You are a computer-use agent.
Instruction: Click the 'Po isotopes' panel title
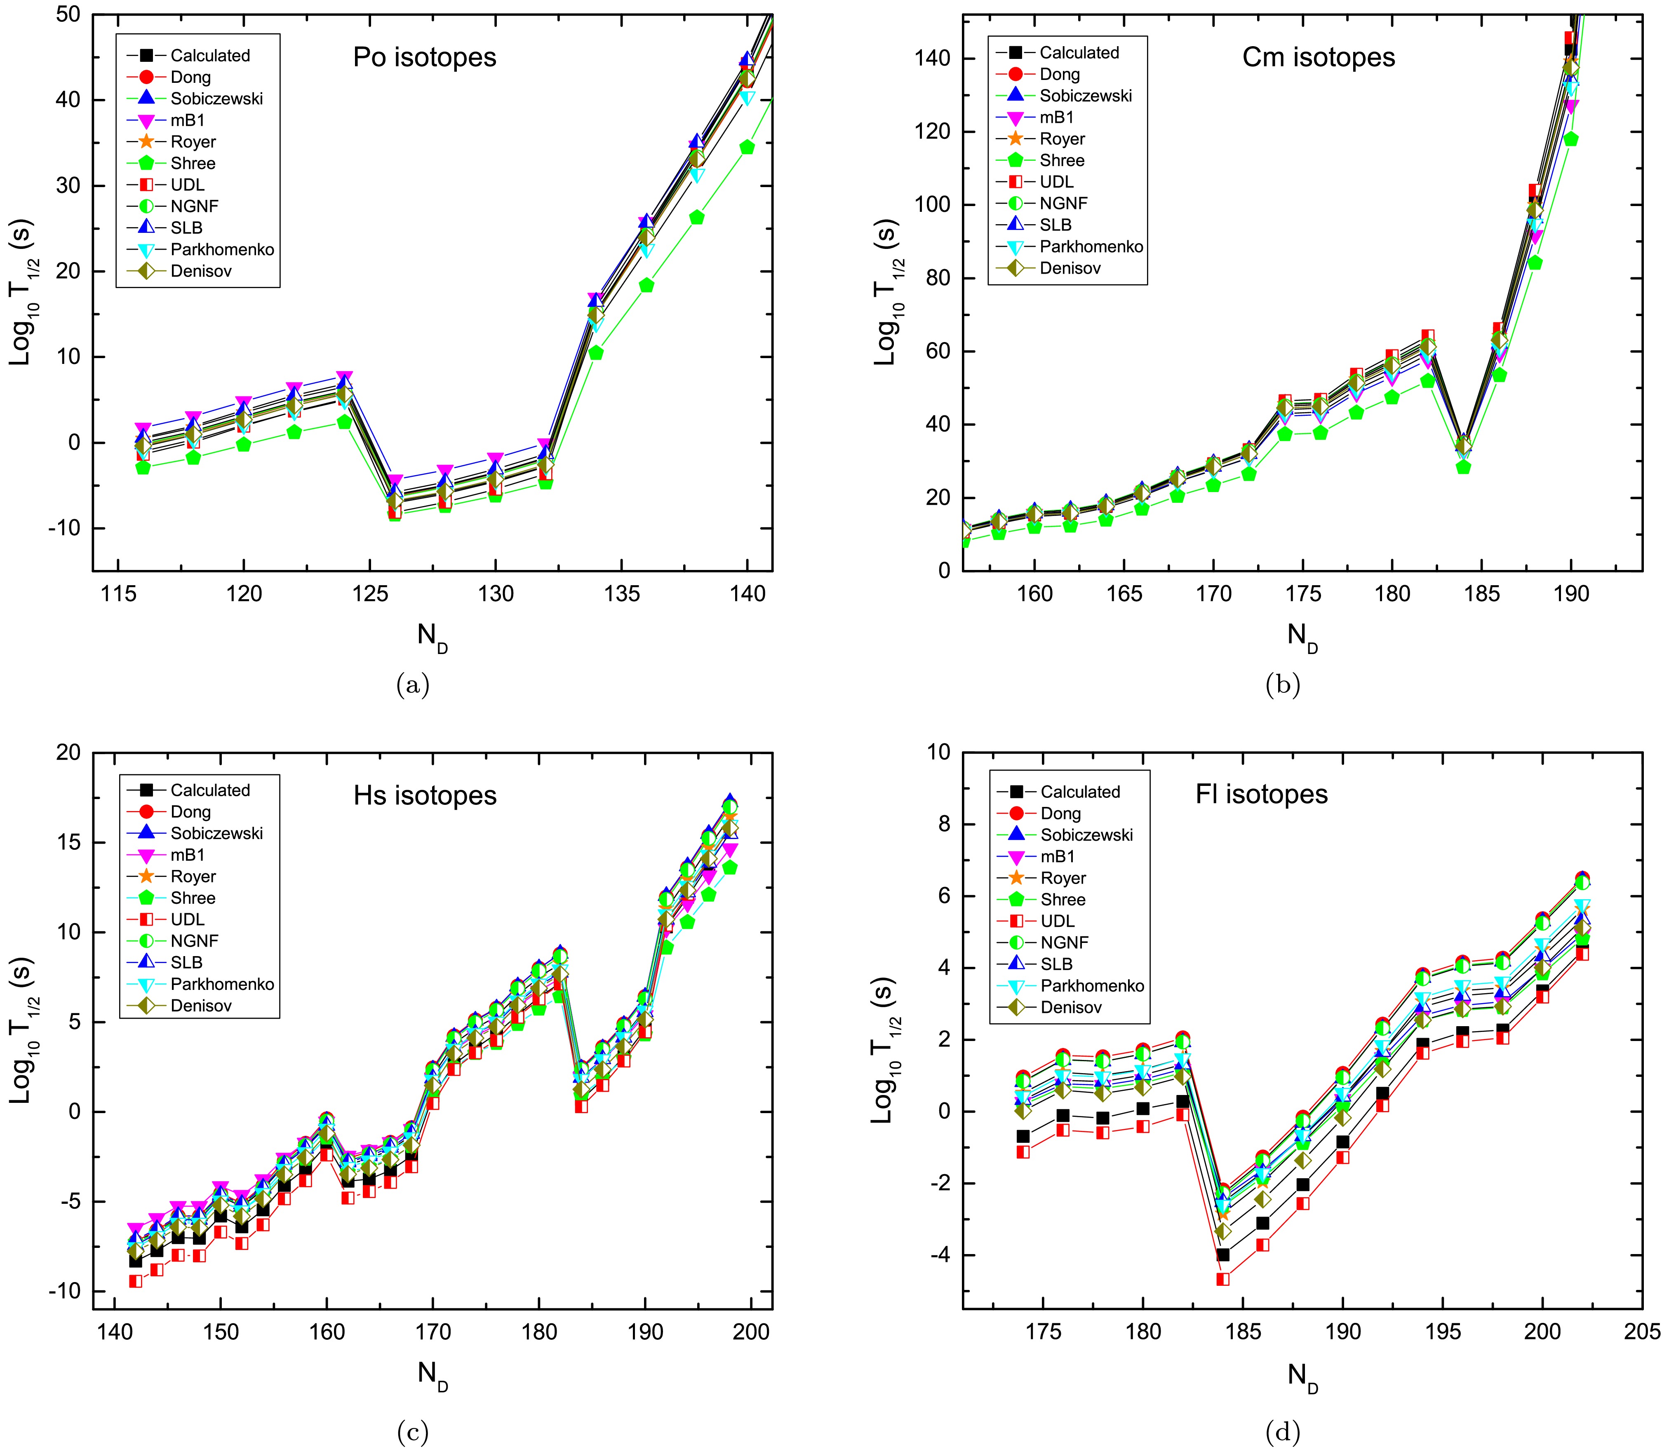[424, 58]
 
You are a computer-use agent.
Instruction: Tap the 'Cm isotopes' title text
[1319, 58]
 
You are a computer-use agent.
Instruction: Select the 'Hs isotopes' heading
[424, 795]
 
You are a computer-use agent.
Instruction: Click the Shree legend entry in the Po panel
[193, 163]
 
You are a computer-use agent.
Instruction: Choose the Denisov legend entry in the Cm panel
[1070, 268]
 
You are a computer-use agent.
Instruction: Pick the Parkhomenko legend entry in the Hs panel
[222, 984]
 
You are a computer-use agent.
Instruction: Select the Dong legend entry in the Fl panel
[1061, 814]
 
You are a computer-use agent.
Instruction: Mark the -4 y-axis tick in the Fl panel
[939, 1255]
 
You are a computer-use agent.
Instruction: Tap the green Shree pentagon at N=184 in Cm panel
[1463, 467]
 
